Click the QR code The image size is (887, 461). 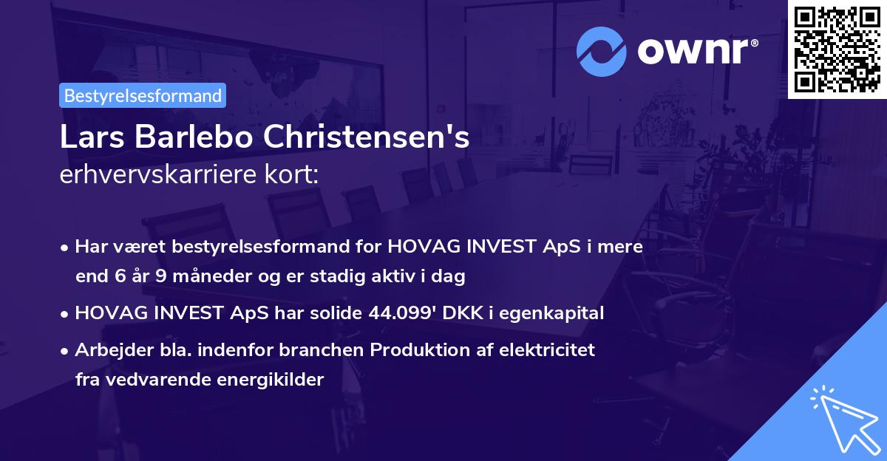(837, 49)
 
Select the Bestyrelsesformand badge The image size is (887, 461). (143, 95)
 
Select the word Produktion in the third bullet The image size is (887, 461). (417, 349)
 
